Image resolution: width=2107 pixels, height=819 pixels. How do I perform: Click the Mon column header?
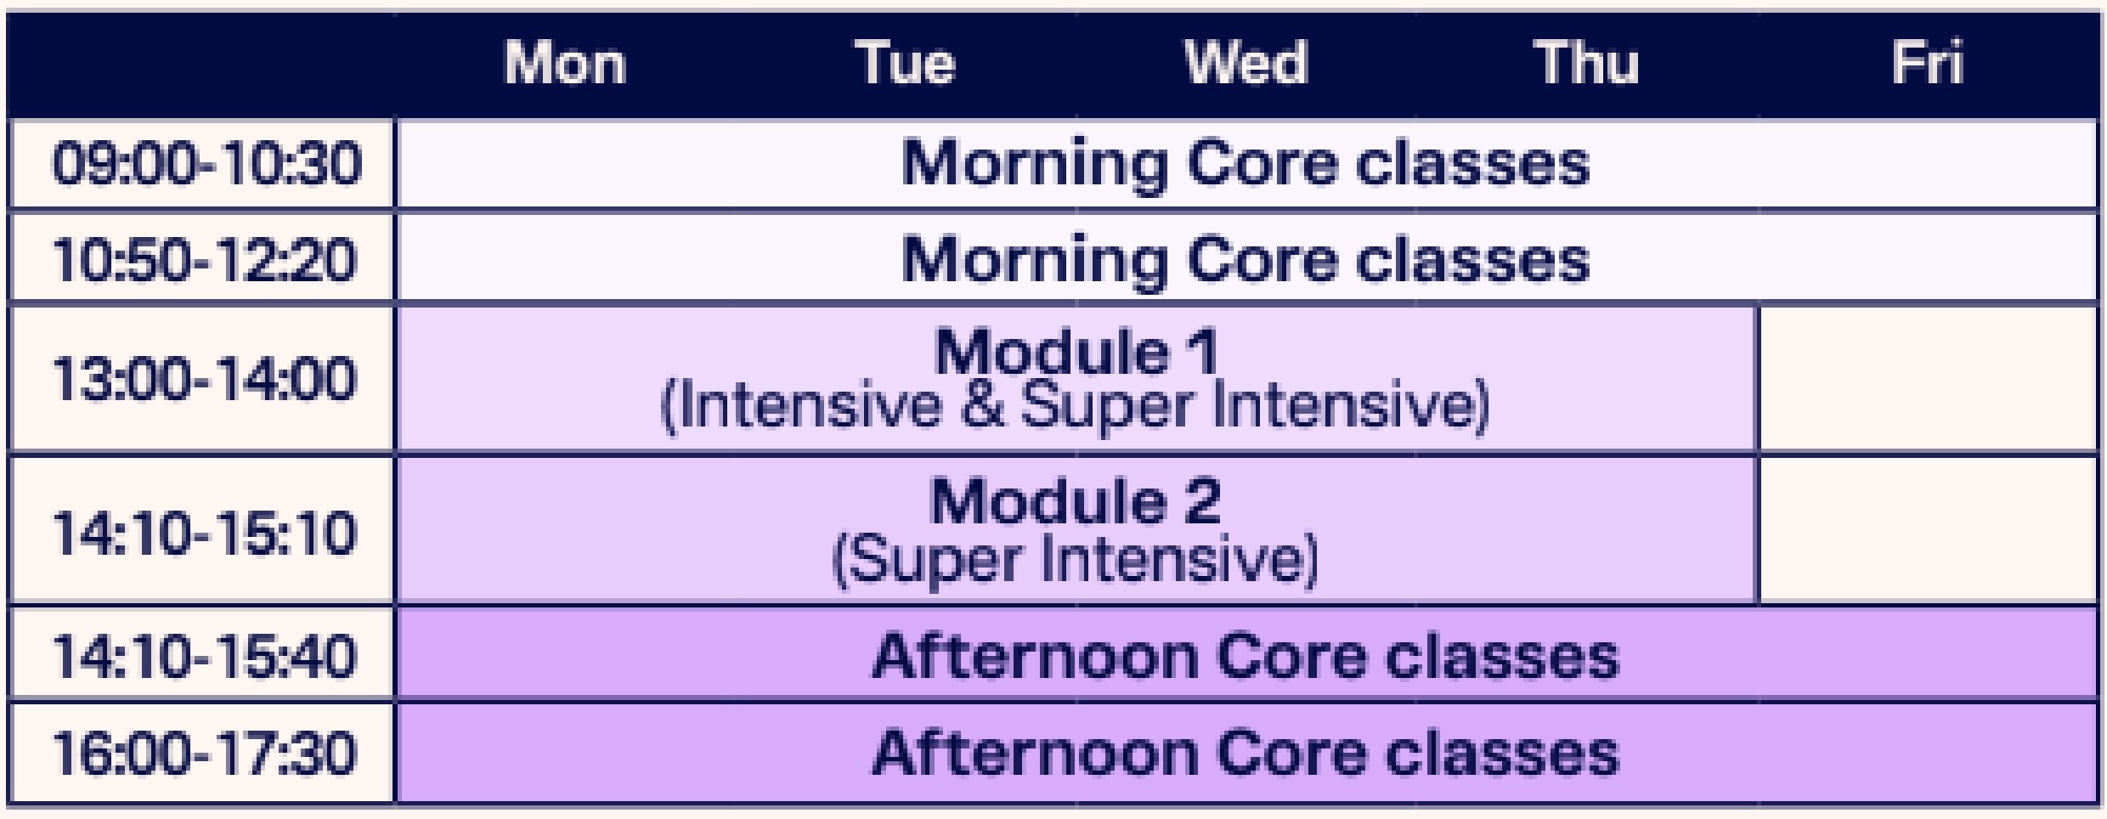pos(565,63)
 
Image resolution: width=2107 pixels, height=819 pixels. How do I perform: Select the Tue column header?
pos(905,63)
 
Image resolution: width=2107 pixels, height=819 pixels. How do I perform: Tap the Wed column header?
pos(1246,63)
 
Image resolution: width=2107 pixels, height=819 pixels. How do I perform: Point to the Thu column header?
pos(1586,63)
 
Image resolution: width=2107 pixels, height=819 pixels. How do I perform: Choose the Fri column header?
pos(1928,63)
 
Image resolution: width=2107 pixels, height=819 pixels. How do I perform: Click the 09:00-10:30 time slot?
pos(206,163)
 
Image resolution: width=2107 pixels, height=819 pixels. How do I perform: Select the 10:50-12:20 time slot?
pos(205,259)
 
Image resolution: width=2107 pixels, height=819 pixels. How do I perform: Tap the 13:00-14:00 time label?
pos(205,378)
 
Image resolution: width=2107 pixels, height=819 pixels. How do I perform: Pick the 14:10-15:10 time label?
pos(205,533)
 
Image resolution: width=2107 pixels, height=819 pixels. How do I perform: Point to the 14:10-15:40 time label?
pos(205,657)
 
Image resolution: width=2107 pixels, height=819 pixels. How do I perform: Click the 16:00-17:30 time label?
pos(205,754)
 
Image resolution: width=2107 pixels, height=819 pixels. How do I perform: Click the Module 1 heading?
pos(1076,351)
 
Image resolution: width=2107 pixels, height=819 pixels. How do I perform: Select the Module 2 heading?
pos(1076,500)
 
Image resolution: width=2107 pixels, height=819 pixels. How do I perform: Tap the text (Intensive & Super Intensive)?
pos(1076,406)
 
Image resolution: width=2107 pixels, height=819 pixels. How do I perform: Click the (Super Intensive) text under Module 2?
pos(1076,559)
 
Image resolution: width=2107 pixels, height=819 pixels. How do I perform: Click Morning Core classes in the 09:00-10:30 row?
pos(1246,163)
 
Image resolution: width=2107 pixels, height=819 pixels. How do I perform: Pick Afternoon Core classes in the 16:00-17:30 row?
pos(1246,754)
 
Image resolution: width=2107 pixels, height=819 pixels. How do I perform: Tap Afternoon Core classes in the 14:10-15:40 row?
pos(1246,657)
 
